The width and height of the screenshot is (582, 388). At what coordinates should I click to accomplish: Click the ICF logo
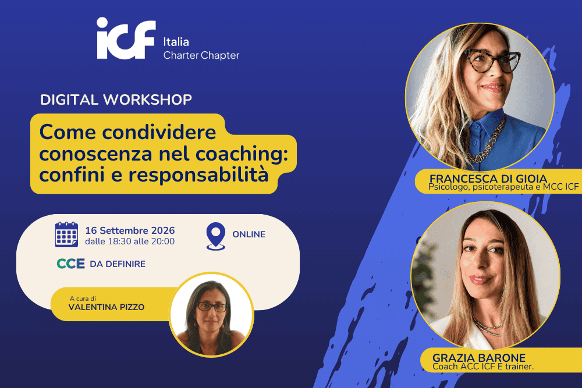[x=126, y=38]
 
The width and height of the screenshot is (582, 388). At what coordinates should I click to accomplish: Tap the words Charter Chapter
[x=201, y=55]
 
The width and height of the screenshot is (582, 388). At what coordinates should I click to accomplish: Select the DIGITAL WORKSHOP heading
[x=116, y=99]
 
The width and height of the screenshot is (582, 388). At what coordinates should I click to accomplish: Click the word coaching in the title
[x=242, y=154]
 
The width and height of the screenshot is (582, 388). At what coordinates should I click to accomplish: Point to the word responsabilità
[x=198, y=175]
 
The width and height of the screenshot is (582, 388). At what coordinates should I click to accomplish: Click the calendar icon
[x=66, y=234]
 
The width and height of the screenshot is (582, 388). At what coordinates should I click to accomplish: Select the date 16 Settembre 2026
[x=130, y=230]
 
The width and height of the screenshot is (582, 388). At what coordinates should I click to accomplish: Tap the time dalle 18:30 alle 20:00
[x=130, y=241]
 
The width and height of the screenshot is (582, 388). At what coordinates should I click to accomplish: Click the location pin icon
[x=216, y=236]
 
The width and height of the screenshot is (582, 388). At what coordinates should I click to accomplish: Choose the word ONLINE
[x=249, y=234]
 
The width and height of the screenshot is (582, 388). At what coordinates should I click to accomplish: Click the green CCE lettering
[x=70, y=264]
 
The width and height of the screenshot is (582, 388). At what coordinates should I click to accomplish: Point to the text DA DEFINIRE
[x=118, y=264]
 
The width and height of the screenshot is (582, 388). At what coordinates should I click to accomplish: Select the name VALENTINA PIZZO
[x=107, y=307]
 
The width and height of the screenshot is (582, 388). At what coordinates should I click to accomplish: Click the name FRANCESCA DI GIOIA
[x=488, y=179]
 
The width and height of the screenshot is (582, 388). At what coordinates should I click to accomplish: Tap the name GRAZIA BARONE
[x=479, y=358]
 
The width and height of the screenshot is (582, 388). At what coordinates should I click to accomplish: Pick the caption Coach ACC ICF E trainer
[x=483, y=366]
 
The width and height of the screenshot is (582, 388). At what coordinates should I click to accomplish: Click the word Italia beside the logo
[x=176, y=41]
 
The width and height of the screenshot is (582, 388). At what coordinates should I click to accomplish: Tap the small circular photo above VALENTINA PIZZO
[x=211, y=315]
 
